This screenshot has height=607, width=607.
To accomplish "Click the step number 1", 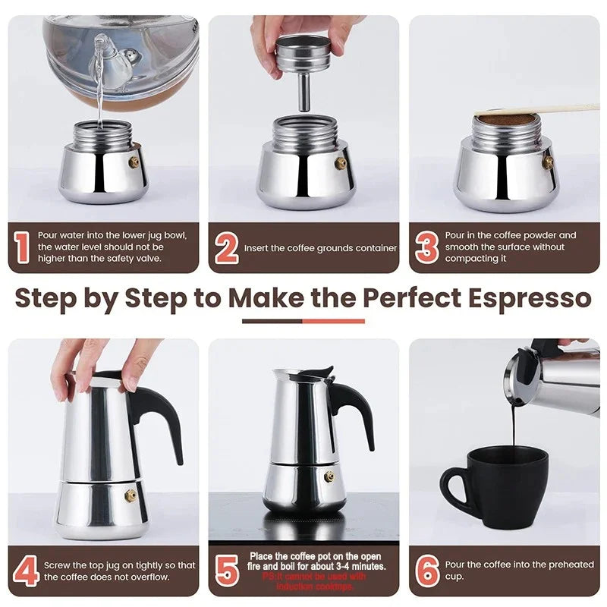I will point(22,248).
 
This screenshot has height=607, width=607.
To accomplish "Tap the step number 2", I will point(226,248).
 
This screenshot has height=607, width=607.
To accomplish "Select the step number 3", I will point(427,248).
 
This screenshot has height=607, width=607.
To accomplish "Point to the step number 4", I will point(25,571).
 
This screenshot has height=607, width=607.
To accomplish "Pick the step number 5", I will point(227,571).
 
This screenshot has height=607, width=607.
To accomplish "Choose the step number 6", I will point(427,571).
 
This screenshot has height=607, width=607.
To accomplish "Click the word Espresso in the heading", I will point(522,297).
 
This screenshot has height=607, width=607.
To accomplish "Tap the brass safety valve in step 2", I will point(341,162).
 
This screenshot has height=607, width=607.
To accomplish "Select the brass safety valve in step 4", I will point(131,495).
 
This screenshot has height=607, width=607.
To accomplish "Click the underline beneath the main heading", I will point(303,321).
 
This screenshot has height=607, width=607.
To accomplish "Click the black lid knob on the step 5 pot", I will point(326,373).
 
